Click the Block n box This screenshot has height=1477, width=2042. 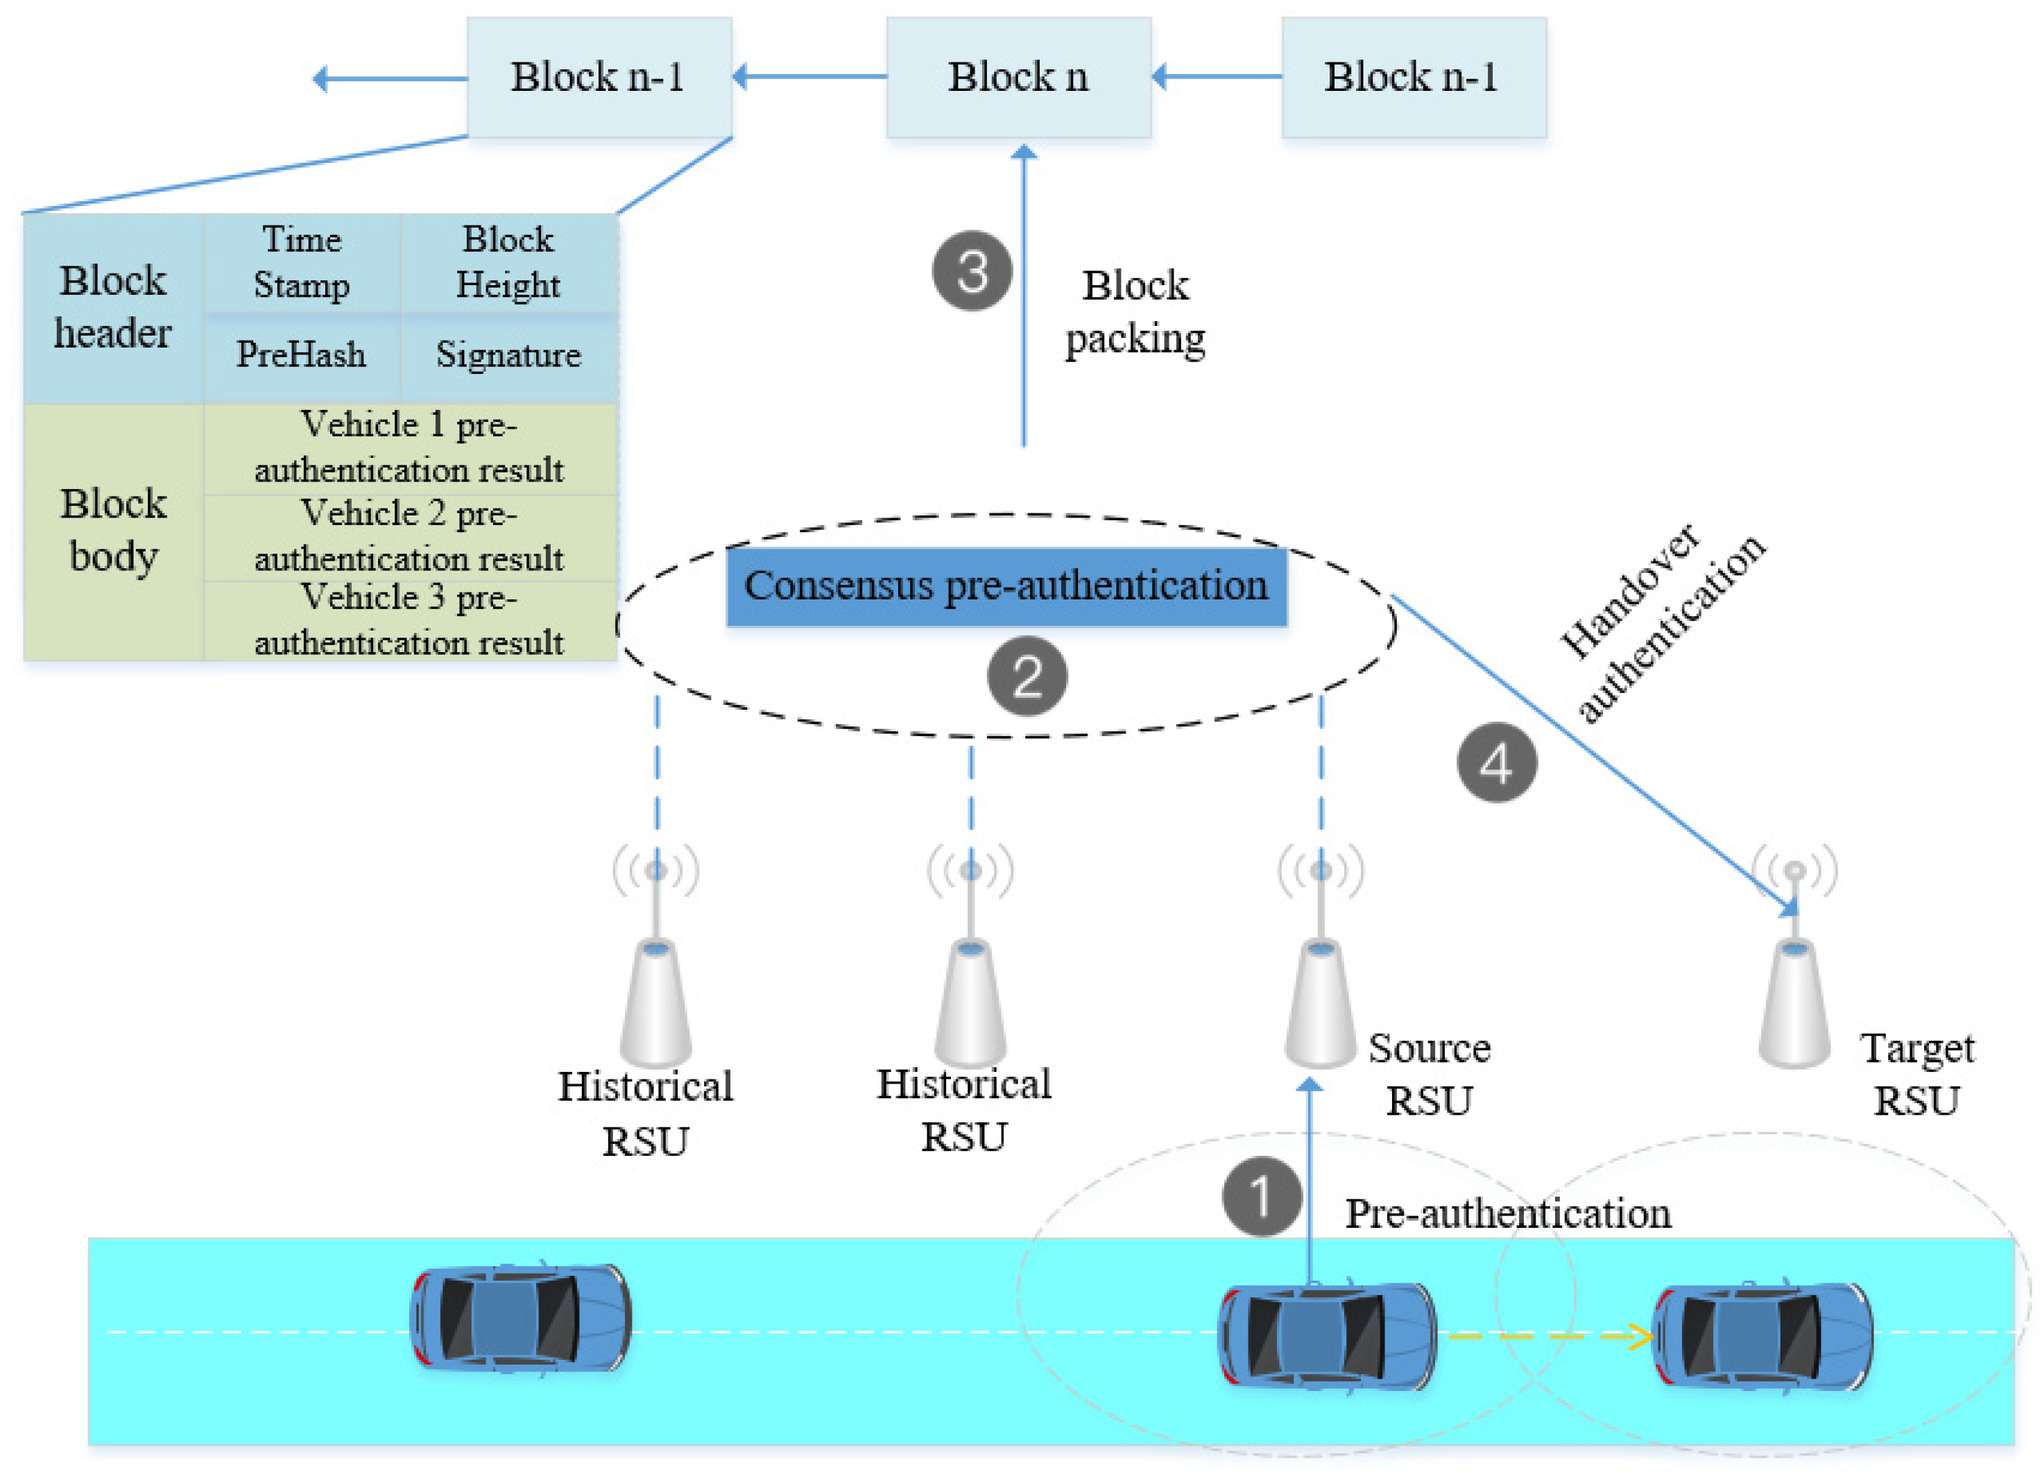point(1018,78)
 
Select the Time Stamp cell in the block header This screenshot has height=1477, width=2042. point(302,263)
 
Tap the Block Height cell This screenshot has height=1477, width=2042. point(508,263)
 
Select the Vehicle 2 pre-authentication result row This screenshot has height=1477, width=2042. point(410,538)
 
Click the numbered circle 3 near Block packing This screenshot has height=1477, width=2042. point(972,271)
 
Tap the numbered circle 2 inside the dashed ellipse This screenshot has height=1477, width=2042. point(1027,676)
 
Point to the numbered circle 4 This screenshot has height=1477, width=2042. point(1496,763)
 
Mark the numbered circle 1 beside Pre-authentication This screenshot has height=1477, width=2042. point(1262,1196)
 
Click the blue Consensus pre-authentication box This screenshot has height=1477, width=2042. point(1006,587)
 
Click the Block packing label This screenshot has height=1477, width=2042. point(1135,311)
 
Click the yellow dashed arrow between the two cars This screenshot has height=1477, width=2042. point(1549,1335)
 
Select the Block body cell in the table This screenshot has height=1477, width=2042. point(114,531)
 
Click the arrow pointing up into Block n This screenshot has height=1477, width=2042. point(1024,297)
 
